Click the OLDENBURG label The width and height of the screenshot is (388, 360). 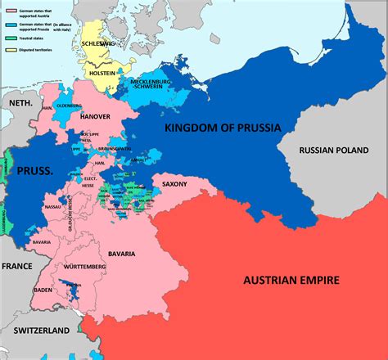(x=70, y=106)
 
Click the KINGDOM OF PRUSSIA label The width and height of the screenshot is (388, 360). (x=223, y=128)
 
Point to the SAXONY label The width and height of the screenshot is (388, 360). (x=175, y=185)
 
